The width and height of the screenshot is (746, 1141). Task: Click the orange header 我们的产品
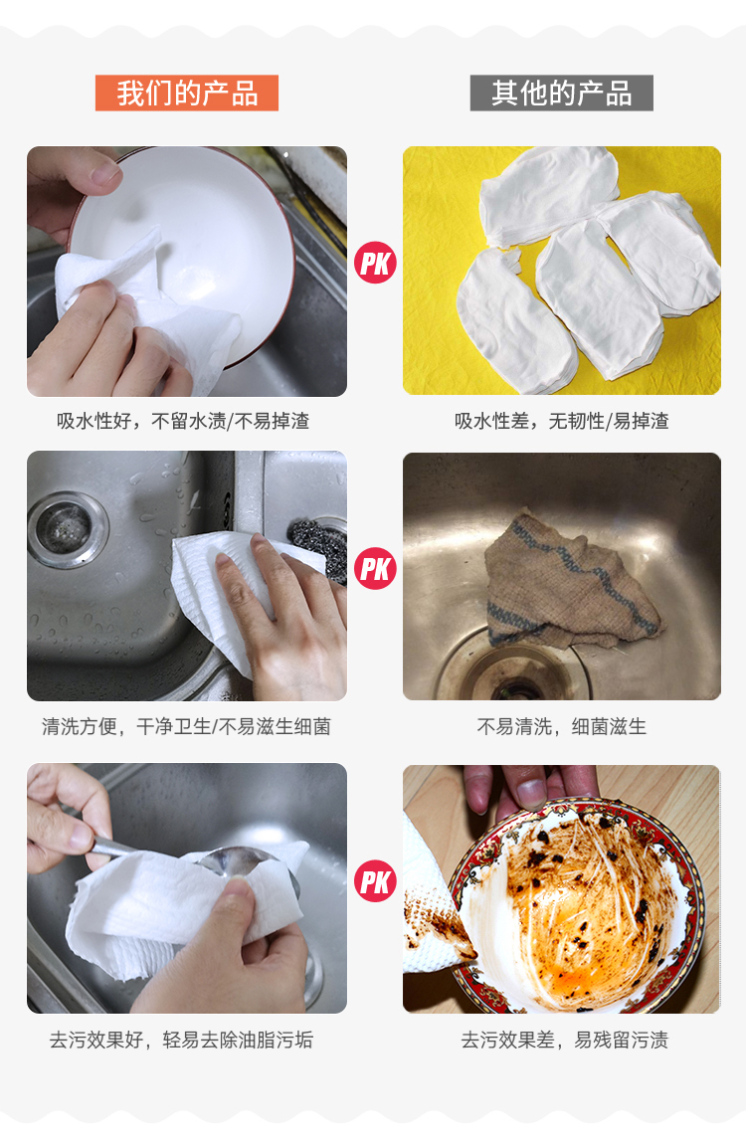pyautogui.click(x=187, y=94)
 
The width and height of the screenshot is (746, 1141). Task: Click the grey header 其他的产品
pyautogui.click(x=561, y=94)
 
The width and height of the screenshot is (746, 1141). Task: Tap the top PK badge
pyautogui.click(x=376, y=263)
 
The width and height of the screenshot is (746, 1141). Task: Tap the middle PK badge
pyautogui.click(x=376, y=568)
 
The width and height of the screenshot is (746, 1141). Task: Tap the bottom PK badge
pyautogui.click(x=376, y=881)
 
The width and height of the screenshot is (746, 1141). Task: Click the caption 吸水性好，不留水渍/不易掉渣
pyautogui.click(x=183, y=422)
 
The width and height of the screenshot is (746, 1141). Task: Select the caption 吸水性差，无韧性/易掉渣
pyautogui.click(x=562, y=422)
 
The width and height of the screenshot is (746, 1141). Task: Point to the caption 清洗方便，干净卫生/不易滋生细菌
pyautogui.click(x=186, y=727)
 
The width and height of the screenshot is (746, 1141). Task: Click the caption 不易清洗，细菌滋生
pyautogui.click(x=562, y=727)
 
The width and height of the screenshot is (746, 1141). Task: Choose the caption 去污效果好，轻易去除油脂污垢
pyautogui.click(x=181, y=1041)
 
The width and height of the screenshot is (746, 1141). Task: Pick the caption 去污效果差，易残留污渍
pyautogui.click(x=565, y=1041)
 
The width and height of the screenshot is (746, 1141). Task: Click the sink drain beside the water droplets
pyautogui.click(x=68, y=529)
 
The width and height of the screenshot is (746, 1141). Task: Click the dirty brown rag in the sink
pyautogui.click(x=568, y=582)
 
